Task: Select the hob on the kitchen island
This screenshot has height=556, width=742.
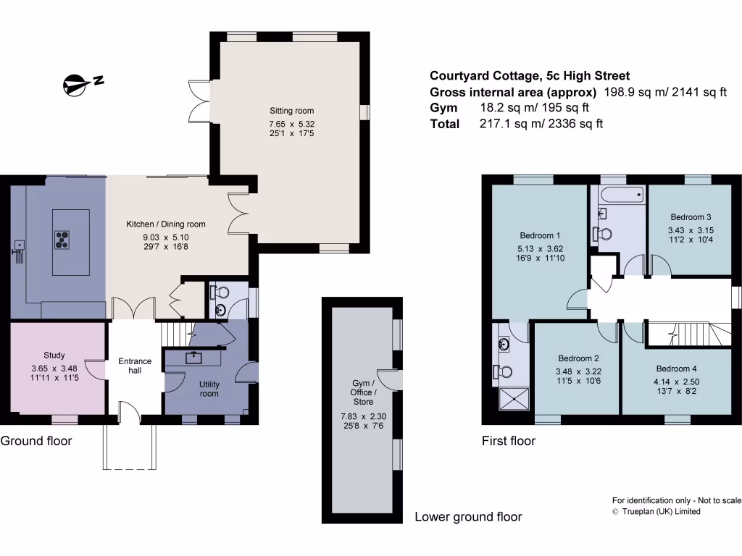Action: click(x=63, y=239)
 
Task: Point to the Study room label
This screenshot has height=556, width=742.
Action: click(x=54, y=355)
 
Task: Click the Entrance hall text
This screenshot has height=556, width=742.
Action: click(x=135, y=366)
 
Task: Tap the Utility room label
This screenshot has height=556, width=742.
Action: click(x=209, y=389)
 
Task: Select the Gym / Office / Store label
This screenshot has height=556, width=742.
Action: click(x=363, y=392)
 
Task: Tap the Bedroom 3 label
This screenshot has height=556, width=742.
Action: click(x=690, y=217)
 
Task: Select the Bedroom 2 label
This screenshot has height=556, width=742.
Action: click(x=578, y=358)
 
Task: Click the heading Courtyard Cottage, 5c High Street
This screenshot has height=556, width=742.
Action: click(x=530, y=75)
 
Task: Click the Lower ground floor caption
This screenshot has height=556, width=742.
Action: click(x=467, y=517)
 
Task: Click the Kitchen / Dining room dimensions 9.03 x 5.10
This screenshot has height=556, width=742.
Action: click(x=166, y=237)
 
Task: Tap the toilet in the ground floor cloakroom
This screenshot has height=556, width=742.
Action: click(x=220, y=292)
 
